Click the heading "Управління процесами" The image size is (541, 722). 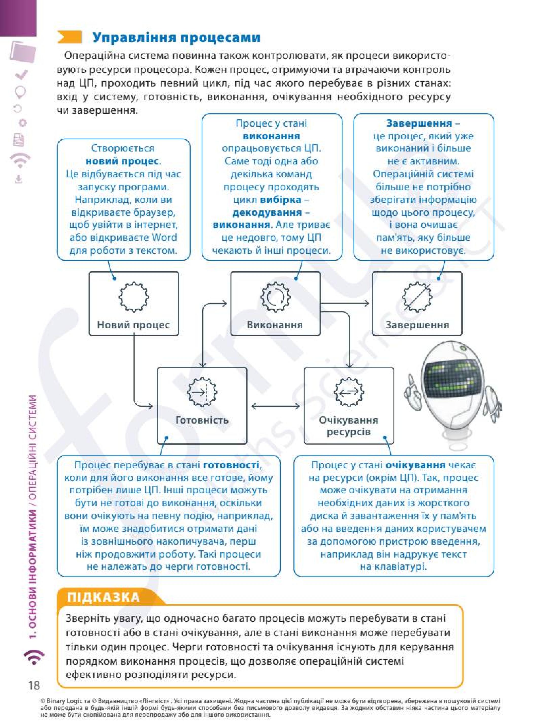[x=176, y=37]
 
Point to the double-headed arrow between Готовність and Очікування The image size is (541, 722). [x=275, y=406]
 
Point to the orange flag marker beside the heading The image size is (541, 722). [x=69, y=37]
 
